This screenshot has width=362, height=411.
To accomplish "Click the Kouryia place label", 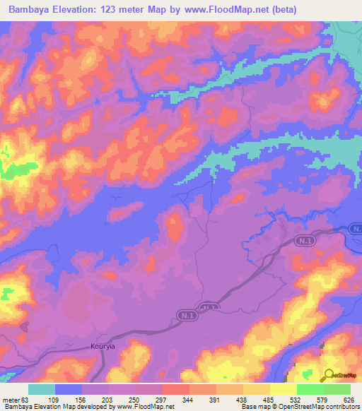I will (103, 347).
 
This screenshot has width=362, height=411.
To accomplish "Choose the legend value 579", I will (325, 400).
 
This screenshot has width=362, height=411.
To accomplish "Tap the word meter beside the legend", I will (11, 400).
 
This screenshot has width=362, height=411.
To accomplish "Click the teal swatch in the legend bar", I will (42, 390).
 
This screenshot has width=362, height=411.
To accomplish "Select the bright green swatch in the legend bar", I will (310, 390).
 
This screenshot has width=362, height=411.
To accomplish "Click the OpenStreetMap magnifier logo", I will (329, 376).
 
